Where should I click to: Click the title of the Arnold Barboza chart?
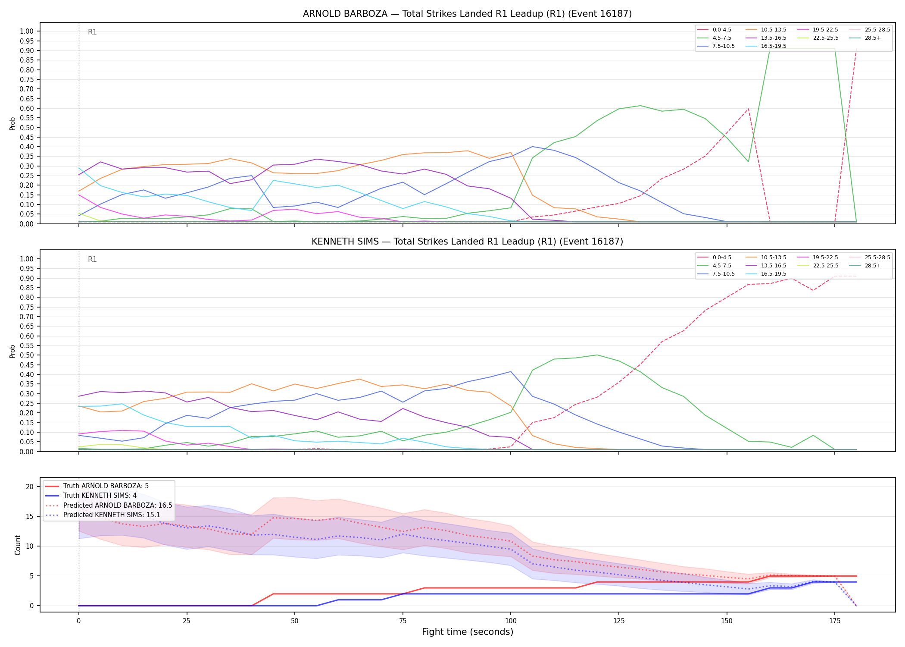467,14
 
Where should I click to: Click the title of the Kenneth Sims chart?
467,242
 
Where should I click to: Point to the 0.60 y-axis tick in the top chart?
27,108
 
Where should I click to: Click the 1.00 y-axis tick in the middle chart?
27,259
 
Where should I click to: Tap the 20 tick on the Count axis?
30,487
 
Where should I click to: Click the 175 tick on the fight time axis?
835,621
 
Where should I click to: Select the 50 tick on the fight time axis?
295,621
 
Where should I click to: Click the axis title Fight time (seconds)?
468,632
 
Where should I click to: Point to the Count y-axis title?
18,545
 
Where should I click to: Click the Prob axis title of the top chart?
12,123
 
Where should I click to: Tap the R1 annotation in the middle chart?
92,259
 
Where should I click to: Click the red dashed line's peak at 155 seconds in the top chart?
749,108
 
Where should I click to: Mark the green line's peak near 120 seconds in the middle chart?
597,355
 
